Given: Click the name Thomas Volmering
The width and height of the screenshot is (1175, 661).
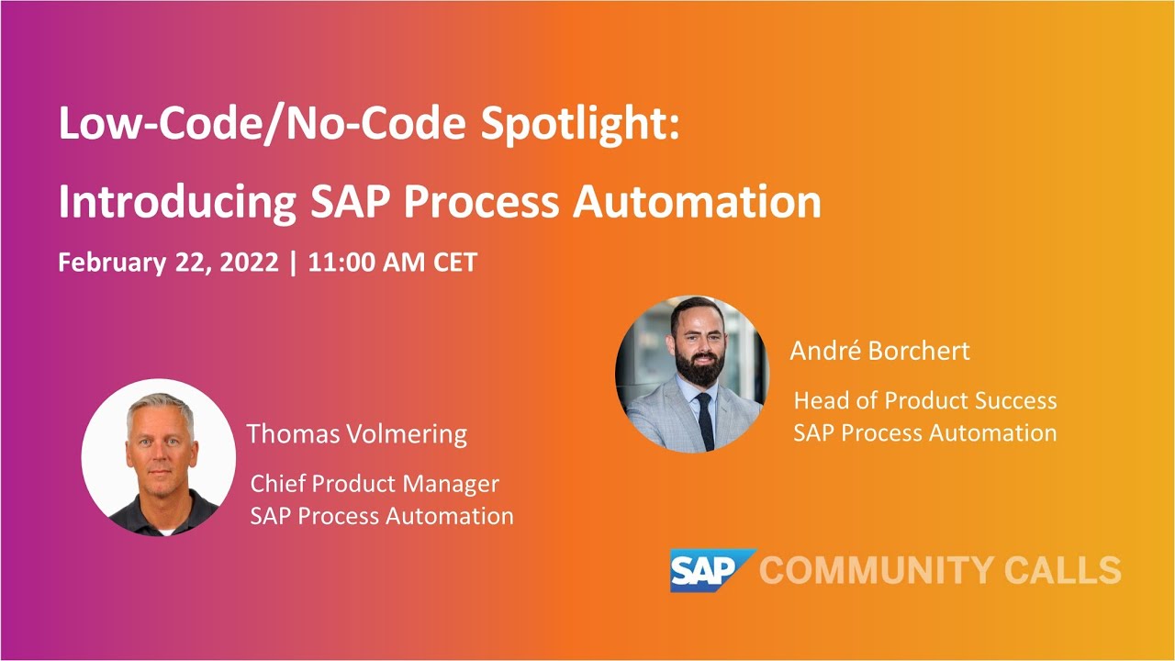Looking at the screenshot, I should click(x=356, y=434).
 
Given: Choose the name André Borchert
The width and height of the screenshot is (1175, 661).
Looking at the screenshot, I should click(x=879, y=351).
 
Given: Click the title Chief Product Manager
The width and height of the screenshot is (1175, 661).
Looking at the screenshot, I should click(x=375, y=484).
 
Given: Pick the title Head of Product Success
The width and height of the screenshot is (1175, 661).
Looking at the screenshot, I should click(x=924, y=401).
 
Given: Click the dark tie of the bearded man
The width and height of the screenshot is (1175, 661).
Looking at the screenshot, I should click(x=704, y=421).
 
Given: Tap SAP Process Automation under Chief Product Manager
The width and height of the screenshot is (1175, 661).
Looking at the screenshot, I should click(x=381, y=516).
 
